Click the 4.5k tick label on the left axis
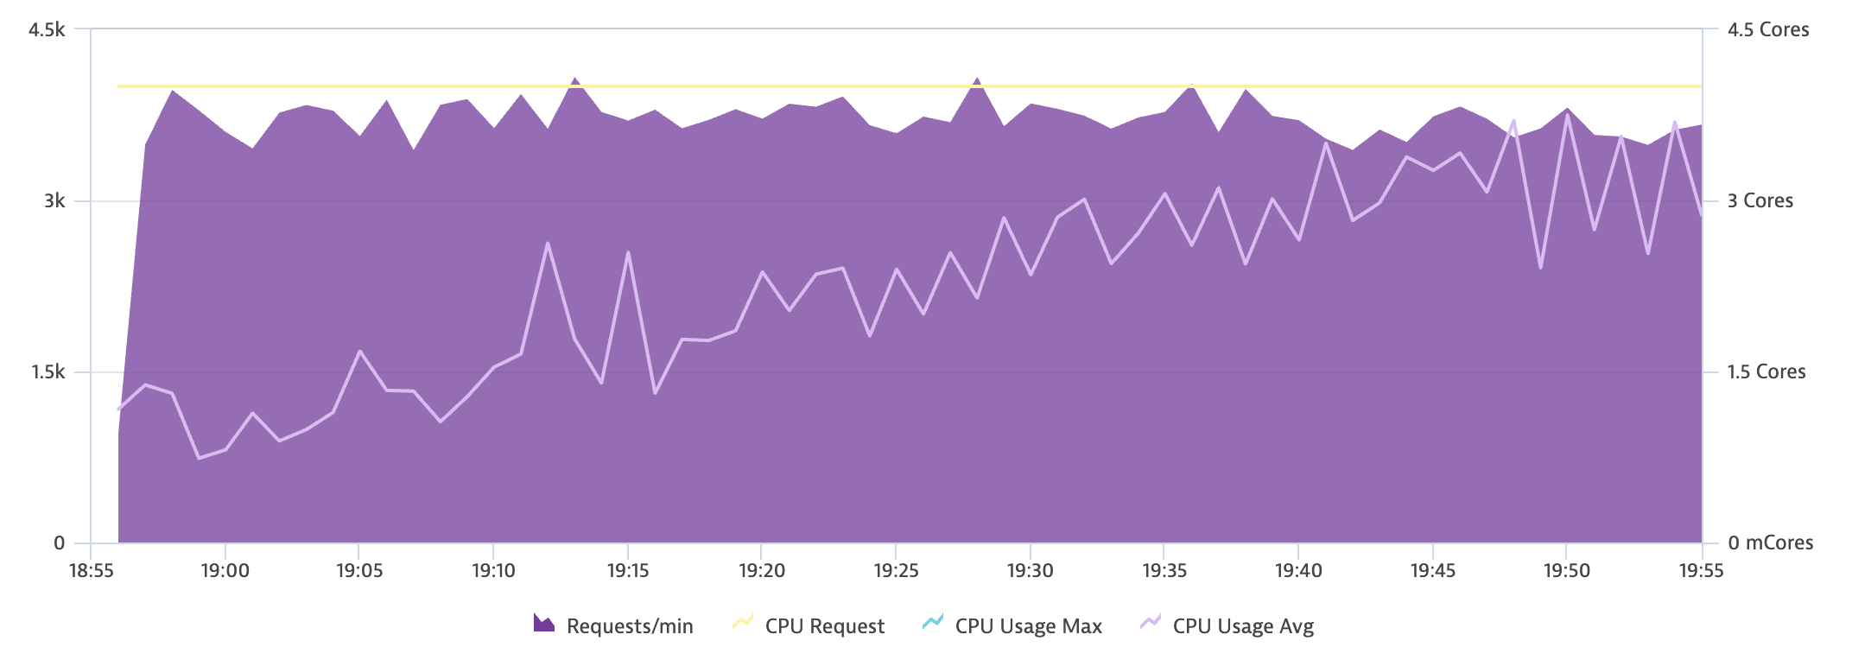click(47, 30)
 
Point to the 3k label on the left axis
click(54, 201)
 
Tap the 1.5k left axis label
click(48, 372)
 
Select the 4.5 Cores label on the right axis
click(1767, 30)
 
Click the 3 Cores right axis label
click(1760, 201)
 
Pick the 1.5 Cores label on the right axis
click(1766, 372)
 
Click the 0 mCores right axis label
click(1770, 543)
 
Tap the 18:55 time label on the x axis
click(91, 571)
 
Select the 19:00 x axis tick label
click(225, 571)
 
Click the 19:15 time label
click(628, 571)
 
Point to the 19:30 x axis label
click(1030, 571)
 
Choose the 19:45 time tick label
click(1432, 571)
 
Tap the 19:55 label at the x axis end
click(1700, 571)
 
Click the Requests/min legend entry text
click(630, 626)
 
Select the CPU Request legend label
click(824, 626)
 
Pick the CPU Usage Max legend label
click(1028, 626)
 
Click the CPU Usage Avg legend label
click(1243, 626)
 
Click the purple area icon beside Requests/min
click(544, 624)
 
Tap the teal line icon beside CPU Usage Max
click(933, 623)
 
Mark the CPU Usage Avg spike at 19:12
click(548, 244)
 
